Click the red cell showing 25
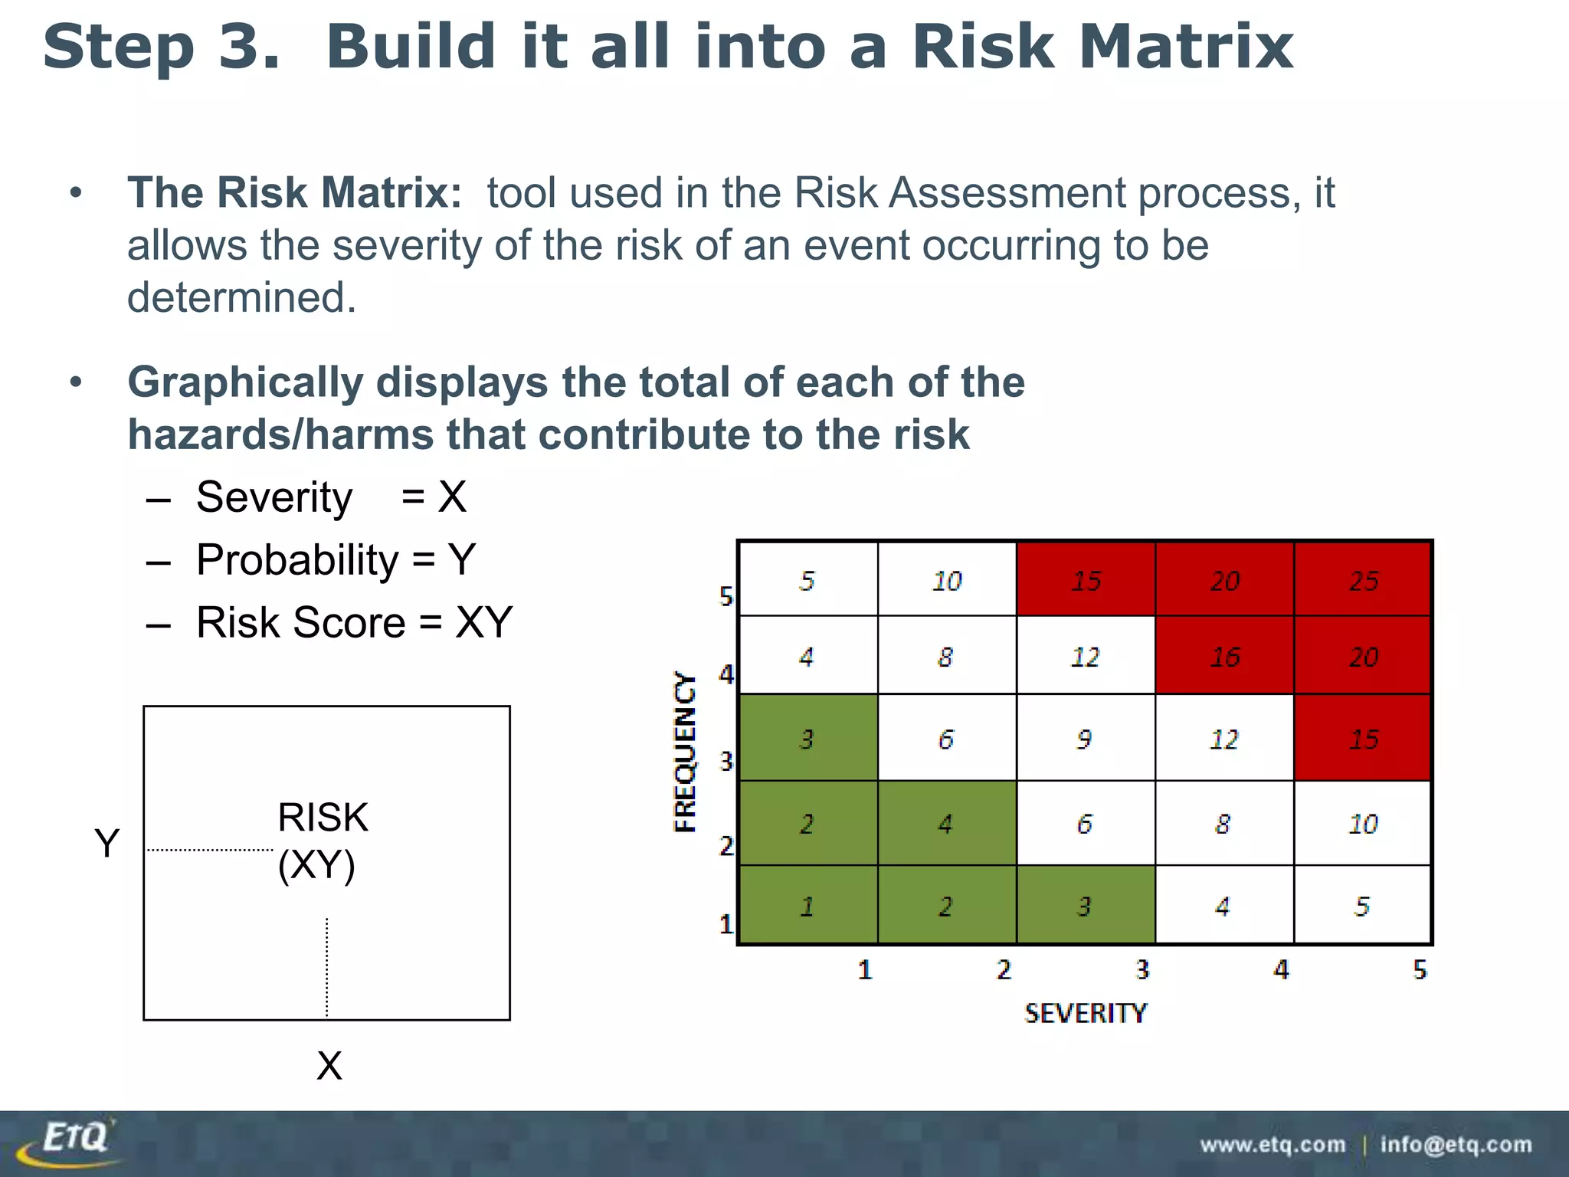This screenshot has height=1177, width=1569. coord(1363,580)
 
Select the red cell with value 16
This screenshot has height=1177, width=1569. coord(1224,656)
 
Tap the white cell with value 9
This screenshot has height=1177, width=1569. coord(1085,739)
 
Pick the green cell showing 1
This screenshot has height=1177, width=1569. coord(807,906)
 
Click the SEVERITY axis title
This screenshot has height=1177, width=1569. coord(1085,1013)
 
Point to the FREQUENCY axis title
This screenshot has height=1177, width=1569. coord(685,752)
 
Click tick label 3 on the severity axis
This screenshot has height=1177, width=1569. coord(1142,970)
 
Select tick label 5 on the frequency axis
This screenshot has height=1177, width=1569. coord(726,596)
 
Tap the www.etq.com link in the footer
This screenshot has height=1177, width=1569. coord(1273,1145)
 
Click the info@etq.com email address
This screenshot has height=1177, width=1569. coord(1456,1145)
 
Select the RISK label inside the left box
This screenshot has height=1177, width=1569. coord(323,817)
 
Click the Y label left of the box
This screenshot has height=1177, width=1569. coord(107,843)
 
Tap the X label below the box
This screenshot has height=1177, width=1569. coord(329,1066)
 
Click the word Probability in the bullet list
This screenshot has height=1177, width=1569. coord(297,560)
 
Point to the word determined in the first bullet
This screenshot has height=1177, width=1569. coord(241,297)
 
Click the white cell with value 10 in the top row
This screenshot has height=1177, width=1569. coord(947,580)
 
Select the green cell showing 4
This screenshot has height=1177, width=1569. coord(946,824)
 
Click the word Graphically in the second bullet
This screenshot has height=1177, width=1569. coord(245,382)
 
